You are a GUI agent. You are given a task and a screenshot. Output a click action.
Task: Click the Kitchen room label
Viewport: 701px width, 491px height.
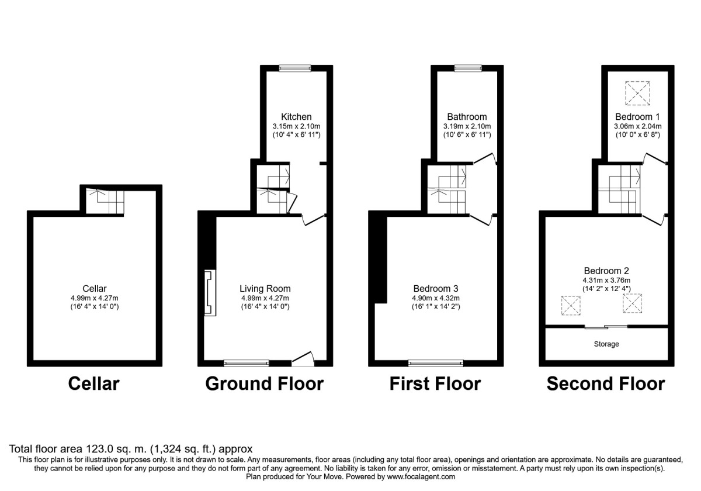click(296, 117)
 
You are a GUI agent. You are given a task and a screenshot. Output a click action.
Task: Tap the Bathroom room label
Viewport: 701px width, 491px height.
click(467, 117)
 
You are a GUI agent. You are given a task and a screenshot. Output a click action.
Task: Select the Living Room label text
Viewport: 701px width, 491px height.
click(265, 289)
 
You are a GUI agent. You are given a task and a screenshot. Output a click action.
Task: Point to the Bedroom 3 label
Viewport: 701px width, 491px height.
click(436, 289)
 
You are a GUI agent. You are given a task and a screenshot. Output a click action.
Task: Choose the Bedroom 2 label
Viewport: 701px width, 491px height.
click(606, 271)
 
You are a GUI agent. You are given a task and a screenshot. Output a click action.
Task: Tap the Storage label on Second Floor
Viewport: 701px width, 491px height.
click(606, 344)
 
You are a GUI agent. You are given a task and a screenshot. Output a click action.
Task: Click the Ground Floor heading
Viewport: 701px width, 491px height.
click(265, 384)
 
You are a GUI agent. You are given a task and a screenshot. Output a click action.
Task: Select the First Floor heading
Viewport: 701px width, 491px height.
click(436, 384)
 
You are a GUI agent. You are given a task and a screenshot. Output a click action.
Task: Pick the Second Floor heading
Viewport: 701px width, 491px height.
click(606, 384)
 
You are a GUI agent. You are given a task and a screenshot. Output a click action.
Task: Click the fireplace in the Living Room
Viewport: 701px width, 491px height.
click(209, 293)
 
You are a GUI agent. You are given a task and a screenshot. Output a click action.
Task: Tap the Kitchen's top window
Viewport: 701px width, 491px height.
click(295, 68)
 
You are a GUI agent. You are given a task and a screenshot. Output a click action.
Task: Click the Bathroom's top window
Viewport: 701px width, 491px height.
click(465, 68)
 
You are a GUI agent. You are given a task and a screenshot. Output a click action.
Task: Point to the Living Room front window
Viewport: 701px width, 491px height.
click(247, 363)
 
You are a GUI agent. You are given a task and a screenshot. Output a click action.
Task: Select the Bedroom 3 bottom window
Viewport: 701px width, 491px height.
click(436, 363)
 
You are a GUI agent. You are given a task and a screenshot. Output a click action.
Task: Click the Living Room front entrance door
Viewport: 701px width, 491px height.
click(303, 358)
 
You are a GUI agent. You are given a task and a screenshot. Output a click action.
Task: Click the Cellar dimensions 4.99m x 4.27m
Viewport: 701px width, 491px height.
click(94, 298)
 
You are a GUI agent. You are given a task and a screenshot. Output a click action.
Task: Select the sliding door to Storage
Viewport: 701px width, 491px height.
click(606, 326)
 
